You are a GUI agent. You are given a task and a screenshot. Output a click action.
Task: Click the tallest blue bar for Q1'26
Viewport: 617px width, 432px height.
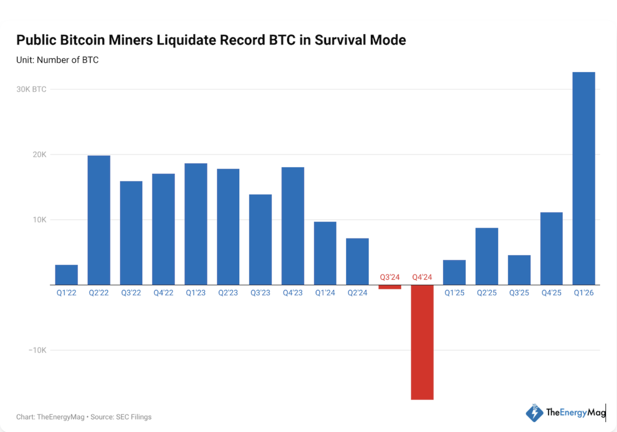(x=584, y=178)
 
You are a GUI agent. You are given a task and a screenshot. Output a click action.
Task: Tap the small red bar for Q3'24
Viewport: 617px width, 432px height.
(x=390, y=287)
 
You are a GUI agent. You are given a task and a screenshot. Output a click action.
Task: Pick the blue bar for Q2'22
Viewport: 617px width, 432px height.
(x=99, y=220)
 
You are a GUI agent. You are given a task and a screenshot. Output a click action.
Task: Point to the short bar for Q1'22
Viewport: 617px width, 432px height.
(x=66, y=275)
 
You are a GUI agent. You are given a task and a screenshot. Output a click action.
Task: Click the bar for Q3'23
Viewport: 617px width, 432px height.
(x=260, y=239)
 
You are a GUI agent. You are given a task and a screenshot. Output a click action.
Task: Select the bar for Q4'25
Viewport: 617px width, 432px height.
(x=551, y=248)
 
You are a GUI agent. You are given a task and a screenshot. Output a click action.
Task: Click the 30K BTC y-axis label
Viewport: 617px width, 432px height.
(x=31, y=89)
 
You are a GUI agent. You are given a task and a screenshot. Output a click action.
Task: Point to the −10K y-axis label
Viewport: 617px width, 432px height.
(x=37, y=350)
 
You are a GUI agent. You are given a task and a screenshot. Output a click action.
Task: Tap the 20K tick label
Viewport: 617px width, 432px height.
(x=39, y=154)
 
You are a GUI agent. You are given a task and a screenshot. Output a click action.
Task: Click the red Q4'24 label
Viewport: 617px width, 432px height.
(x=422, y=277)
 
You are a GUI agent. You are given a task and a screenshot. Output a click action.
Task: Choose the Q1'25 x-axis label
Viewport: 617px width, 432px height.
(x=454, y=293)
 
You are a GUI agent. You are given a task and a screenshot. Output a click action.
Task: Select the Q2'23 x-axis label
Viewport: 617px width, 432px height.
(x=228, y=293)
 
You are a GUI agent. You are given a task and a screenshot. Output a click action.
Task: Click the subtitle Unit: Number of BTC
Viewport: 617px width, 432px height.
(x=57, y=60)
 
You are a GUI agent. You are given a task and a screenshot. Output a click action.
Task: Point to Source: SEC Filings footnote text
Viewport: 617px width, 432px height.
(x=121, y=417)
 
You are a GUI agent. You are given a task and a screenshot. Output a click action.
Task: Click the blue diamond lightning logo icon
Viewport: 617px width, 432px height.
(x=534, y=413)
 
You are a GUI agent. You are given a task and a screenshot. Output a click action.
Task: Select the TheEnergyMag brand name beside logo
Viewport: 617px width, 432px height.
(x=576, y=412)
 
